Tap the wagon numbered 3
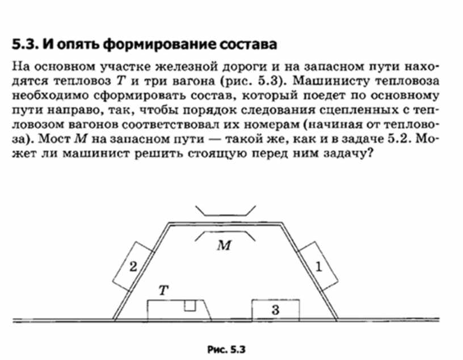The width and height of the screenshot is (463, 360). point(276,310)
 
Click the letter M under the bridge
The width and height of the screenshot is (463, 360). point(224,245)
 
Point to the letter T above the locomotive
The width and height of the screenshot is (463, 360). point(163,290)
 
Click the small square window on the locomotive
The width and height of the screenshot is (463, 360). point(190,305)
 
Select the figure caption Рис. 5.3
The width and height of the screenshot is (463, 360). point(226,349)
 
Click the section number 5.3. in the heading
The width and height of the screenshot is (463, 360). point(25,44)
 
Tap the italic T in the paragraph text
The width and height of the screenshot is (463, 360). point(121,81)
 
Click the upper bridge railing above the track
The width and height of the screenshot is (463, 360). point(226,211)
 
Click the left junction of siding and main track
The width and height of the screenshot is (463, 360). point(114,320)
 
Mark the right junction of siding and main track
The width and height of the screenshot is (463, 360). point(337,320)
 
